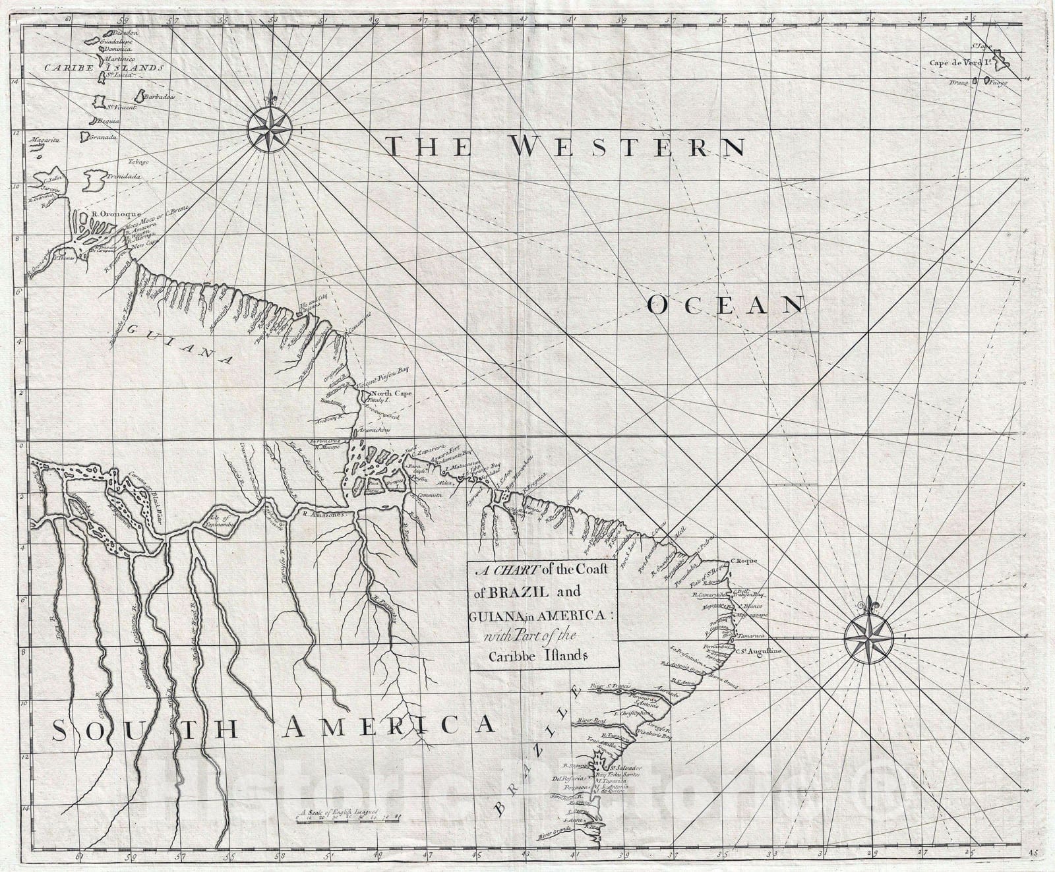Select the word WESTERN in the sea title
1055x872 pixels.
click(x=626, y=146)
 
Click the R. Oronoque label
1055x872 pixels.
click(x=110, y=214)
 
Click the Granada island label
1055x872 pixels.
click(x=104, y=137)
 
